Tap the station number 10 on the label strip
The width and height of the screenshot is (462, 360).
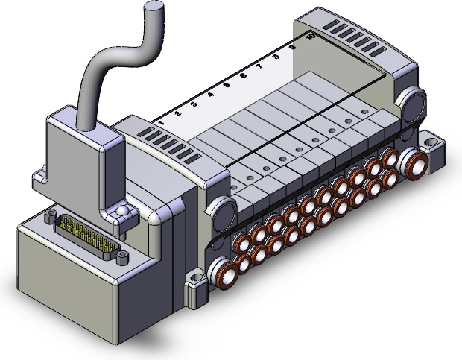(x=308, y=35)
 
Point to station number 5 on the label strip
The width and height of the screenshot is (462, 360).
(x=227, y=85)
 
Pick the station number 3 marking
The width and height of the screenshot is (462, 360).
(x=194, y=104)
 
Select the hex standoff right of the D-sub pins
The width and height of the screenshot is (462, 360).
(x=119, y=258)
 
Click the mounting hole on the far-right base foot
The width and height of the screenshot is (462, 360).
(x=431, y=139)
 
